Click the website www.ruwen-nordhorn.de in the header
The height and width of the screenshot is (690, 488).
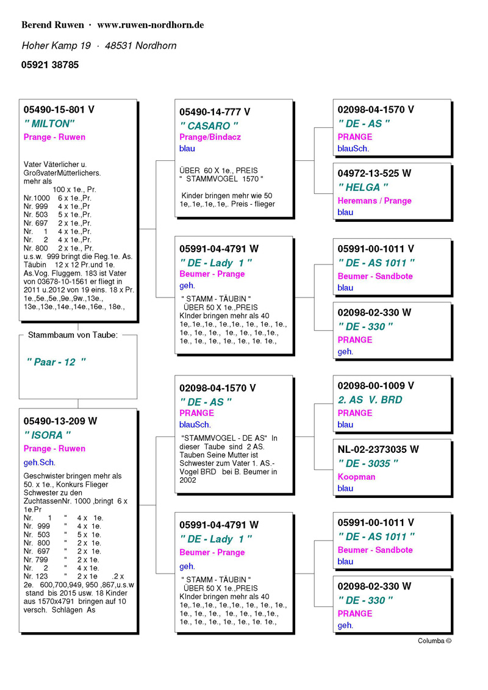click(150, 25)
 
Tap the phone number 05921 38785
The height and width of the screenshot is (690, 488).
click(50, 65)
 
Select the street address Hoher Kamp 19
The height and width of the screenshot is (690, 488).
click(56, 46)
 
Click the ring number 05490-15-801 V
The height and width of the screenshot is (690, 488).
click(59, 110)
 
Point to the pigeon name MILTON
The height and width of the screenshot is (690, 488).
click(48, 124)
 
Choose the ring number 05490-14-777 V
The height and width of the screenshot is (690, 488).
click(215, 112)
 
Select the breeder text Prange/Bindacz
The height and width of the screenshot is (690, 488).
click(210, 137)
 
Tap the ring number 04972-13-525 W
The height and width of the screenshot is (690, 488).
click(375, 173)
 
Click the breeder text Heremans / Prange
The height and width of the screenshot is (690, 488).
click(375, 201)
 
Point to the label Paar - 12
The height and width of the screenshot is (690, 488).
click(56, 362)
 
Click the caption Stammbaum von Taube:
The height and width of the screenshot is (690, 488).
click(73, 335)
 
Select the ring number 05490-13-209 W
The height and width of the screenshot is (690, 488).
click(60, 421)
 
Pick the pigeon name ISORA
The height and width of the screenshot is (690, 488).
click(47, 435)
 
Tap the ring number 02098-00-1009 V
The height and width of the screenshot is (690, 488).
click(376, 386)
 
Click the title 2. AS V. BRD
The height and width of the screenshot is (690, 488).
click(370, 400)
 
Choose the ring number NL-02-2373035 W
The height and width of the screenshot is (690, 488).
click(378, 449)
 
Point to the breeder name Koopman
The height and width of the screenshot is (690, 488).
click(356, 477)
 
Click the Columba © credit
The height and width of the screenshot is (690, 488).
click(434, 641)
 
